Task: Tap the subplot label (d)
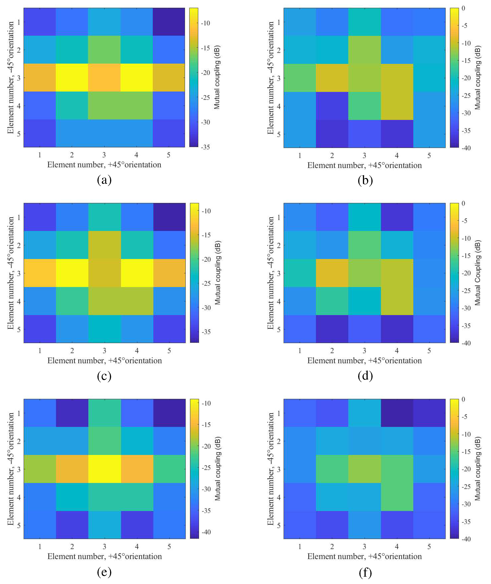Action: point(365,376)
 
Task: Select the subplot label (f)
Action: point(365,572)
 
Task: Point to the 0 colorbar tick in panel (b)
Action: point(463,8)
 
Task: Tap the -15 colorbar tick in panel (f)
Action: point(466,452)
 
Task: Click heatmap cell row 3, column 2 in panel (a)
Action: point(72,77)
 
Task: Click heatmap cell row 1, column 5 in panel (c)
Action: point(169,217)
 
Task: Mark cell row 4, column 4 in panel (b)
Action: point(397,106)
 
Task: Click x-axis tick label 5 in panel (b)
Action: point(429,156)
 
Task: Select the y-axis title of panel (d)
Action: point(271,273)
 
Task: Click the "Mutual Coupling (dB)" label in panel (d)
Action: point(478,273)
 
